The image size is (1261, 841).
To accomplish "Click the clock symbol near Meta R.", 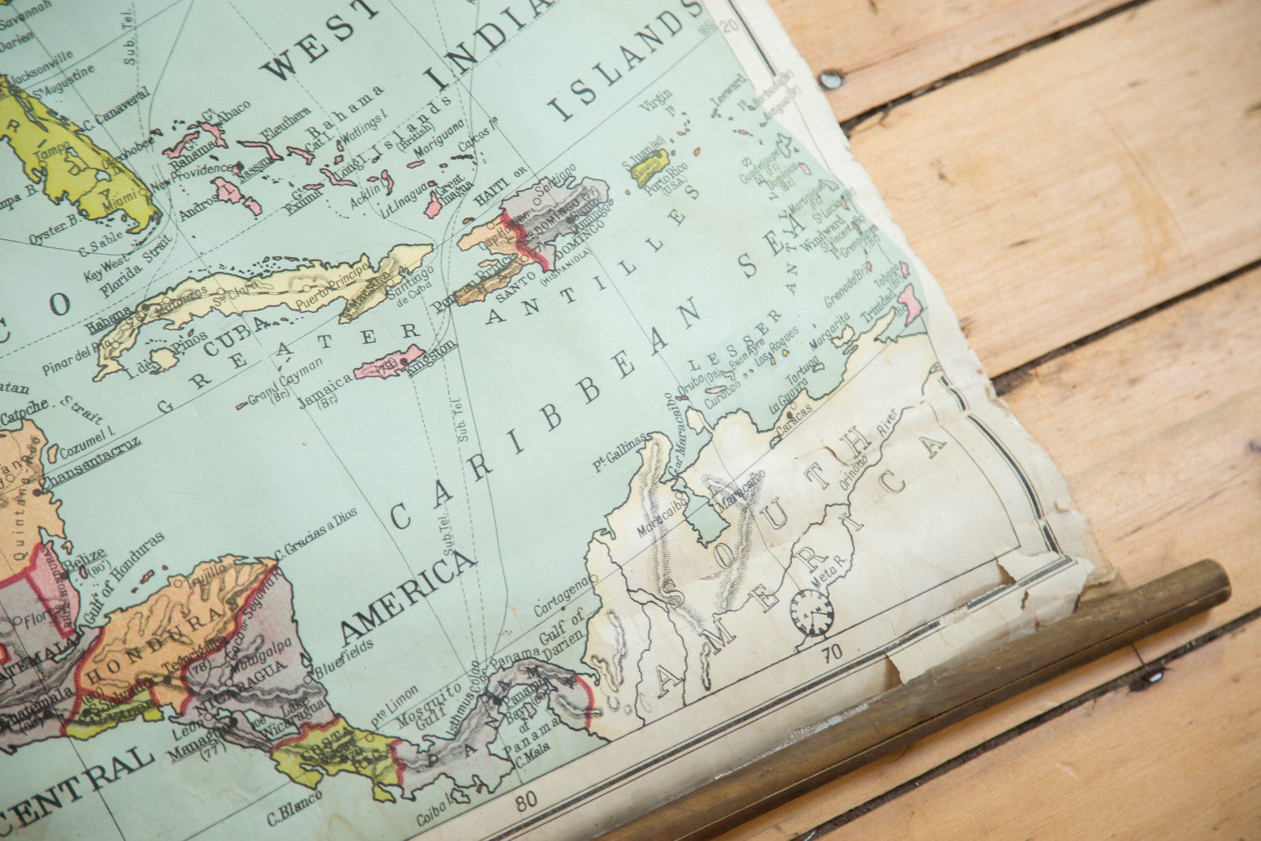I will click(x=812, y=612).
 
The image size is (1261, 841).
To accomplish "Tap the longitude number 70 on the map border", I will click(x=831, y=652).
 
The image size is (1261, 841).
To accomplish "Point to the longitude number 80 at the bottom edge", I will click(x=526, y=799).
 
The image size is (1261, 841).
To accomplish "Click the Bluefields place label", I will click(x=341, y=663).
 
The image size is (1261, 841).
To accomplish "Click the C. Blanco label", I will click(x=292, y=809).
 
